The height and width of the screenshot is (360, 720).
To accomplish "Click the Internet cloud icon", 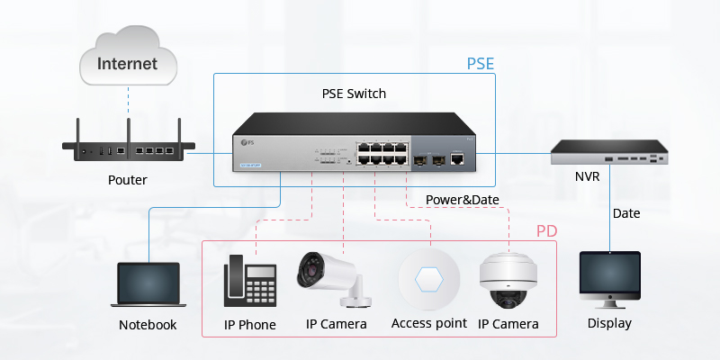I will click(x=127, y=62).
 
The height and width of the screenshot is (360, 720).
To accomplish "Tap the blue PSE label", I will click(x=481, y=65).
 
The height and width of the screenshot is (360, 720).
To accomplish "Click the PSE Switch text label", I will click(x=354, y=94).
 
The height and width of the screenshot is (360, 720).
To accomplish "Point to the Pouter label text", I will click(x=127, y=180).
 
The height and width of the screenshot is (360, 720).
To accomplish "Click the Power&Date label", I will click(x=462, y=200).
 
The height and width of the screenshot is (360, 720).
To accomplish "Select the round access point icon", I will click(x=429, y=280).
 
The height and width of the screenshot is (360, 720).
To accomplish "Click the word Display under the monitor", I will click(x=609, y=323).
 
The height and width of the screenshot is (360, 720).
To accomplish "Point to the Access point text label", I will click(x=429, y=323).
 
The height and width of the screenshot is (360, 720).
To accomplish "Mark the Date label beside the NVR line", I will click(x=626, y=213).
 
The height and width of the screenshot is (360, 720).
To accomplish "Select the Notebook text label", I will click(x=148, y=325).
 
